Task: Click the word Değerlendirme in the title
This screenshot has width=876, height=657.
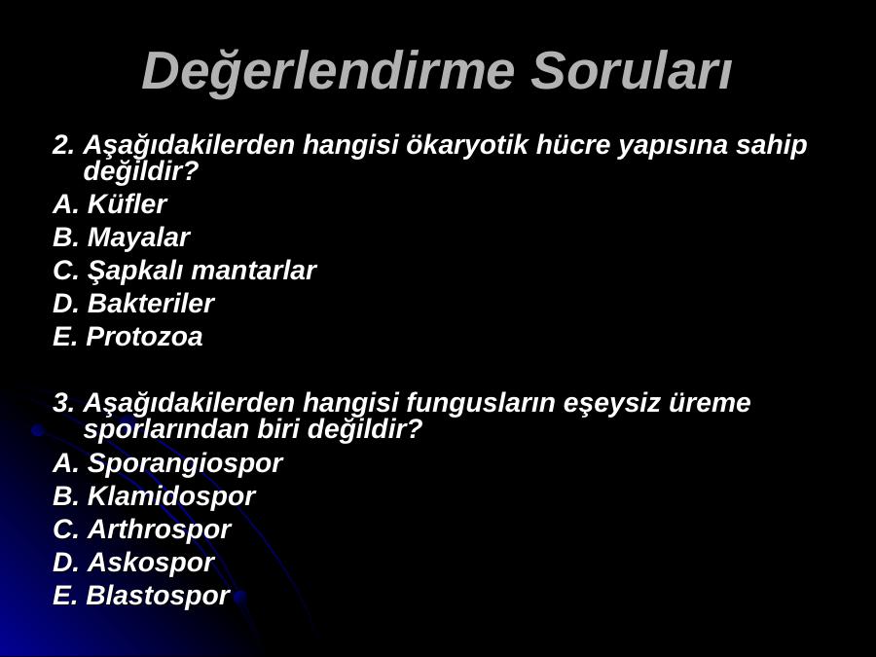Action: [328, 71]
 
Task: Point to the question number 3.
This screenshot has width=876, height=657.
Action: [63, 403]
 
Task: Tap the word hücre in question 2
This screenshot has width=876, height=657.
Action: [572, 145]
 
